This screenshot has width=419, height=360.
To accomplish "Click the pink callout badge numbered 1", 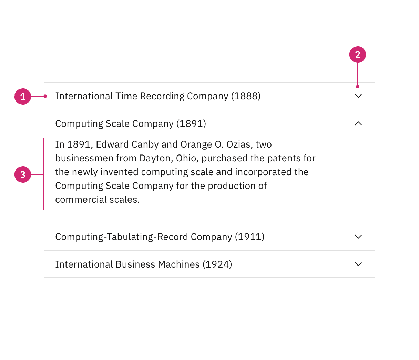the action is [23, 97].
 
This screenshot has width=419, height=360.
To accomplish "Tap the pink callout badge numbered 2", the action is [358, 54].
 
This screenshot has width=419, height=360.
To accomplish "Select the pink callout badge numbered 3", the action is [23, 174].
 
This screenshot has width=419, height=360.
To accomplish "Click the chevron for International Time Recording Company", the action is [358, 96].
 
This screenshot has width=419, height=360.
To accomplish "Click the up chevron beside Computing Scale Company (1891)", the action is [358, 123].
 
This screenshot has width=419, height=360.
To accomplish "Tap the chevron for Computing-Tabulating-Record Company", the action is [358, 237].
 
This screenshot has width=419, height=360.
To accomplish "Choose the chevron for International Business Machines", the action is [358, 264].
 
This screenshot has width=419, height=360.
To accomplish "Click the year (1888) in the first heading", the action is [246, 96].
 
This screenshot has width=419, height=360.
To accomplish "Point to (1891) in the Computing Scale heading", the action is [191, 124].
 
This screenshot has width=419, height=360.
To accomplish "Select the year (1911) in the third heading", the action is [249, 237].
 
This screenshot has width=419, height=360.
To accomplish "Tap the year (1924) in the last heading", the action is [217, 264].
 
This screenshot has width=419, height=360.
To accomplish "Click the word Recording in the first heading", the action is [162, 97].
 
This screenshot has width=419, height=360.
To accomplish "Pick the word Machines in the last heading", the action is [178, 264].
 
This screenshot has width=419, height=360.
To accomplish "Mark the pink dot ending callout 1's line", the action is [45, 96].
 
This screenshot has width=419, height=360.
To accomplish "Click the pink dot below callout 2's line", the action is [358, 87].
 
